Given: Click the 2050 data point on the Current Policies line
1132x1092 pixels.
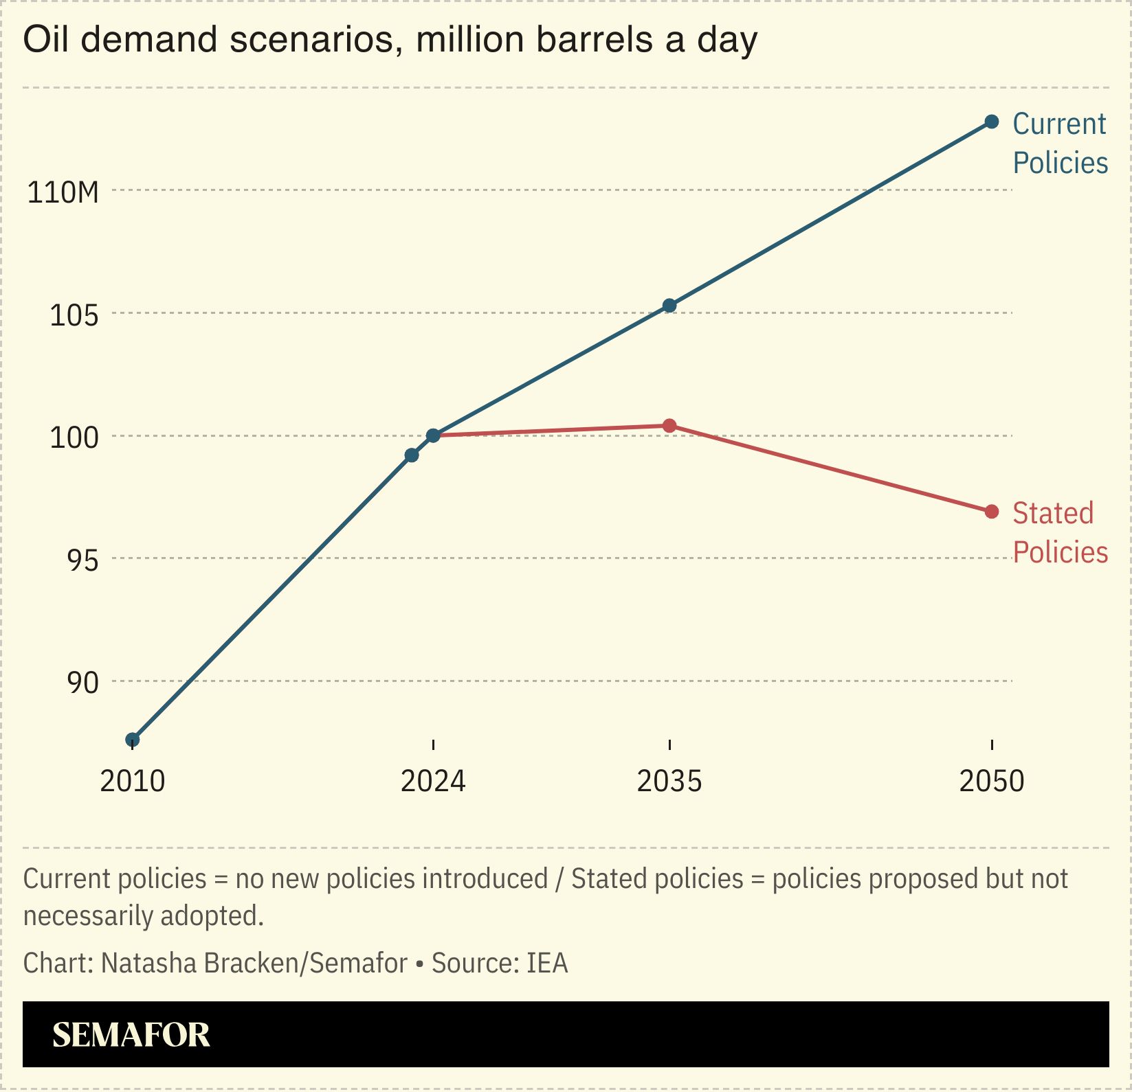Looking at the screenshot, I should tap(991, 122).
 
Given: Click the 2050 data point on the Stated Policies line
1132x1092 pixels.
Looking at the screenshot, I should tap(991, 512).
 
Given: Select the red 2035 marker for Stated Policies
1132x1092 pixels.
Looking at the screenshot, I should tap(669, 426).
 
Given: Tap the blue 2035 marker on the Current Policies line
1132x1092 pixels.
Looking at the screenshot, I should tap(669, 306).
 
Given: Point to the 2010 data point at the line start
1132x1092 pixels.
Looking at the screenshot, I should tap(133, 740).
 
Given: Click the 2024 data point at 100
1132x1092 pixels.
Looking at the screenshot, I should tap(433, 435).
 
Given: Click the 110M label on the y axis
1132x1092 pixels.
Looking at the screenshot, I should tap(63, 193).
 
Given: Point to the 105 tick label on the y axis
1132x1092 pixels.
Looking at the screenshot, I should tap(74, 316).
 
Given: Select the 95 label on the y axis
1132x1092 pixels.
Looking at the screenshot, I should tap(82, 561).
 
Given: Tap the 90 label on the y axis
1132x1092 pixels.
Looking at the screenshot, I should tap(82, 683).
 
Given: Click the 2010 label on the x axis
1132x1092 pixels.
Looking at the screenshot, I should tap(133, 782).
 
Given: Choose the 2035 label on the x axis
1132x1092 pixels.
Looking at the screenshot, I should tap(669, 782).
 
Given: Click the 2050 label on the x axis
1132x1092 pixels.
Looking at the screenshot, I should tap(991, 782).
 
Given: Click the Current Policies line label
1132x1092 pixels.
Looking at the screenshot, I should tap(1059, 144).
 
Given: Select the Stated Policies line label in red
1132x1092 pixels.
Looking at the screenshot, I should tap(1059, 533).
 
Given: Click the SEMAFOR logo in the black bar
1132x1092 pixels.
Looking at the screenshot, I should tap(131, 1035).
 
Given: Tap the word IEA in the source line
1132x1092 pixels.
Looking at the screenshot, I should tap(547, 964).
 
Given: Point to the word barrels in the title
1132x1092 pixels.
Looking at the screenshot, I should tap(595, 40).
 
